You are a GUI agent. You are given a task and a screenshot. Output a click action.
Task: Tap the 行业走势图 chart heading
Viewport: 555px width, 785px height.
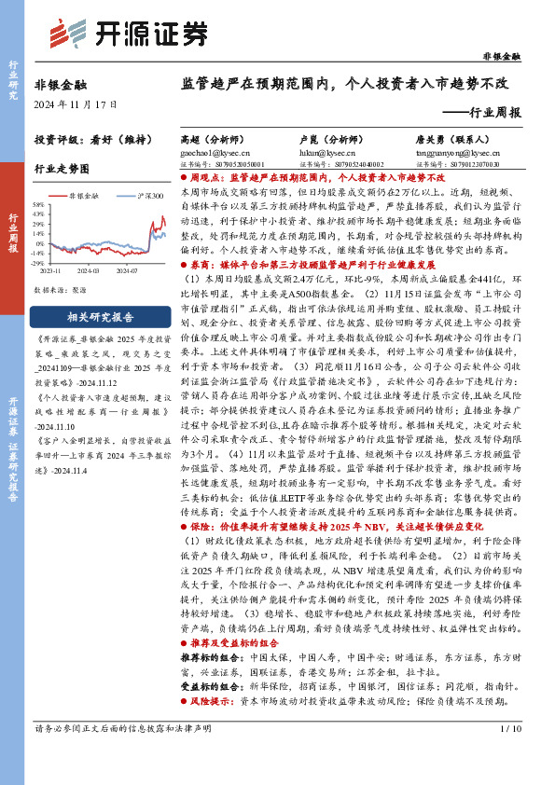point(62,170)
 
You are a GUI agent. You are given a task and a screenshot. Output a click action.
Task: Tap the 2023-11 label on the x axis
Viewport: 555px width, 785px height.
point(49,271)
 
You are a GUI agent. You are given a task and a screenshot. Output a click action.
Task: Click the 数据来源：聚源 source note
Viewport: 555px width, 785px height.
point(61,290)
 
